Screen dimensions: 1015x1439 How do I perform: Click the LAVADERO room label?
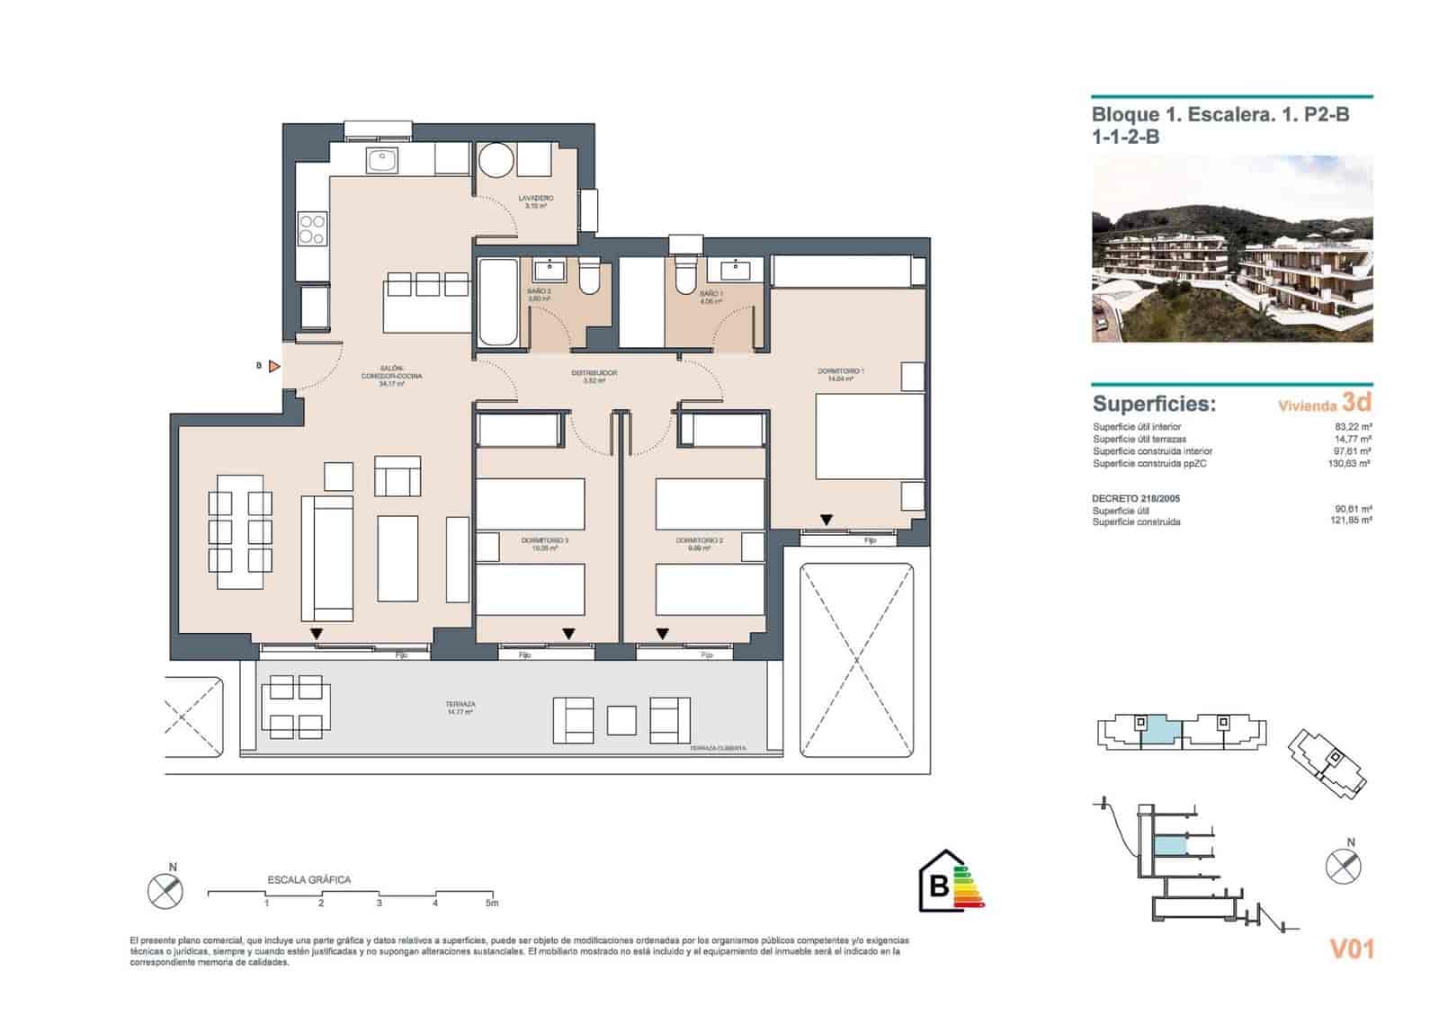point(535,198)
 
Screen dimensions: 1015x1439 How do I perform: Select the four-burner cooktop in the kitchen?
point(312,228)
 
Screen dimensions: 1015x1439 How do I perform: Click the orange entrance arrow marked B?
point(274,366)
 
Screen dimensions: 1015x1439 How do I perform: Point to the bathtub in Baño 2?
point(497,302)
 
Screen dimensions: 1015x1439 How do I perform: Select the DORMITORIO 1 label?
point(840,371)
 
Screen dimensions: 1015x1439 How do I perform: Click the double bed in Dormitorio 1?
point(869,439)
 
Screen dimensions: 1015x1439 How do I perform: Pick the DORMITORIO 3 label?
point(544,540)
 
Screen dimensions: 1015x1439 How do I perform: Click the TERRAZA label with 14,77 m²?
point(460,705)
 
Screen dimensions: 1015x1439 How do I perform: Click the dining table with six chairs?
point(240,532)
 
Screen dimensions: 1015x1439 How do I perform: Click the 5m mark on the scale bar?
point(490,903)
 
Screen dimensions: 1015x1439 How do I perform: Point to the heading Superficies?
point(1153,404)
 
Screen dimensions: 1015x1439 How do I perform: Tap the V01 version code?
point(1351,948)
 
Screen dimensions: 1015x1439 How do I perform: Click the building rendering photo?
point(1231,249)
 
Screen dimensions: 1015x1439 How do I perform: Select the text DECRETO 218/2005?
point(1135,498)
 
